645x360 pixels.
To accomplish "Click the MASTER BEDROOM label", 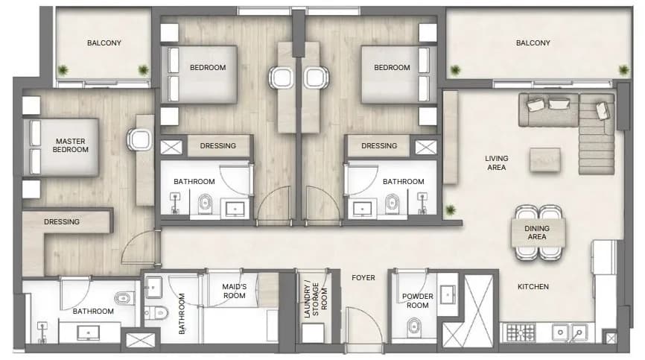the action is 70,145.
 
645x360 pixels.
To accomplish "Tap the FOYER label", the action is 363,278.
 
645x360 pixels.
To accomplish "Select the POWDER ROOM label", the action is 418,301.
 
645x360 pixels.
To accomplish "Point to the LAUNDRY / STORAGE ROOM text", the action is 316,300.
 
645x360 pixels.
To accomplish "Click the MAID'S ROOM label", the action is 234,291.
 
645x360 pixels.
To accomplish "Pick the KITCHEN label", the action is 533,286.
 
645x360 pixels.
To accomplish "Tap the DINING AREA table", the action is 538,233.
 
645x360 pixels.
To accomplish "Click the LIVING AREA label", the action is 497,163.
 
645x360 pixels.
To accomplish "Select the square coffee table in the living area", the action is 545,160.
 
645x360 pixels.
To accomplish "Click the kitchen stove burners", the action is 521,332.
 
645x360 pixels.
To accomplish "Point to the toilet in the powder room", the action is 414,327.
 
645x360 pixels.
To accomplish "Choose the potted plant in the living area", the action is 451,210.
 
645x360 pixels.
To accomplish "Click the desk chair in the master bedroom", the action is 139,139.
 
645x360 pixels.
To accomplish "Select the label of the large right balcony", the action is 533,42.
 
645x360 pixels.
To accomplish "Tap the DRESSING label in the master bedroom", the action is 62,222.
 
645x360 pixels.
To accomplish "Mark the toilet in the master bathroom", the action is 124,297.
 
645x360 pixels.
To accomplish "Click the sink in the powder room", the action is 448,294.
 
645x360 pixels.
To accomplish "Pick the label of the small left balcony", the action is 104,42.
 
